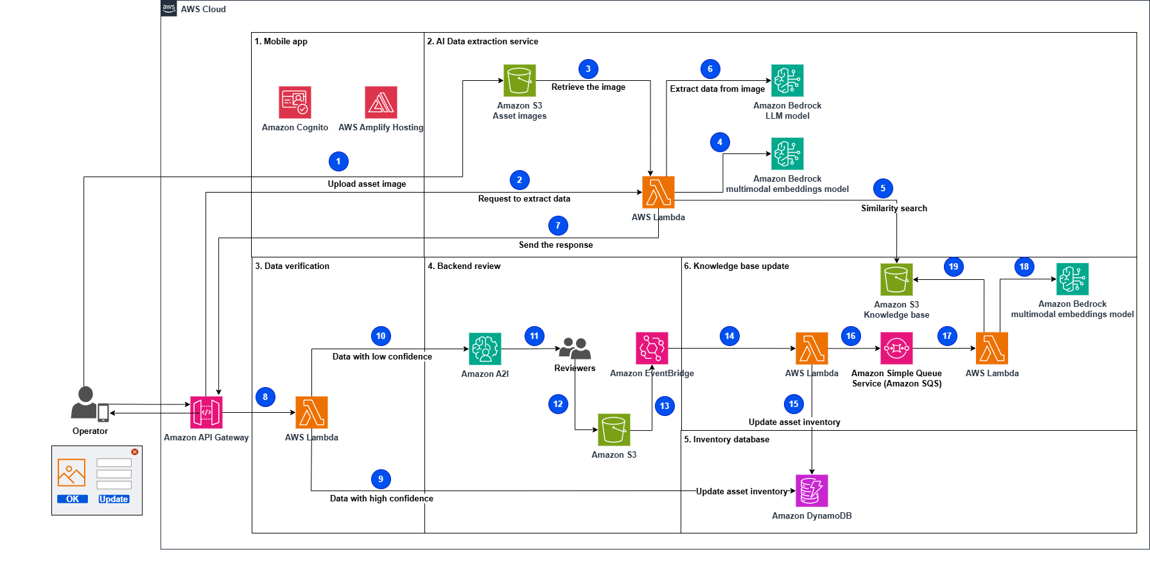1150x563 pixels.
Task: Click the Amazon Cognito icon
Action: pos(295,102)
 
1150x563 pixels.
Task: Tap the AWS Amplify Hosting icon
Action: pos(381,102)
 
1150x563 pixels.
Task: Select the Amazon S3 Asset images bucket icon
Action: pos(519,80)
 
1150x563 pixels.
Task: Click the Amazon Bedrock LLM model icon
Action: pos(787,80)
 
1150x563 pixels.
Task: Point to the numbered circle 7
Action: pos(558,225)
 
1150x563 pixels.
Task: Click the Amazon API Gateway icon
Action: pos(206,412)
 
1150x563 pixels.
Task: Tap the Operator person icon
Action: pos(85,403)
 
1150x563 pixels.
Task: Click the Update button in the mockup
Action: pos(114,499)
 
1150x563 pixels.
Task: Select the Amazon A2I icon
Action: pos(485,349)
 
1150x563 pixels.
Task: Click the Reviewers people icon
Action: pos(575,349)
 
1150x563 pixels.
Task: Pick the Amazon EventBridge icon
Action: pos(652,348)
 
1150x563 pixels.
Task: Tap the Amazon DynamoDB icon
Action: pos(812,490)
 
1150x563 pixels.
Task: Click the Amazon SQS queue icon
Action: pos(896,348)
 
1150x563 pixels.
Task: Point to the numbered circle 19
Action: pos(954,266)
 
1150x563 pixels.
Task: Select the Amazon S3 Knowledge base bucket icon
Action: pos(896,279)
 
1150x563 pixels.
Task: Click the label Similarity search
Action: pos(894,208)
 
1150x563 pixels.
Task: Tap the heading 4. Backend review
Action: pos(464,266)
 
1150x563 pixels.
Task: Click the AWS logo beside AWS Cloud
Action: pos(169,8)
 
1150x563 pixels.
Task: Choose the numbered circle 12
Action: pos(558,404)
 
